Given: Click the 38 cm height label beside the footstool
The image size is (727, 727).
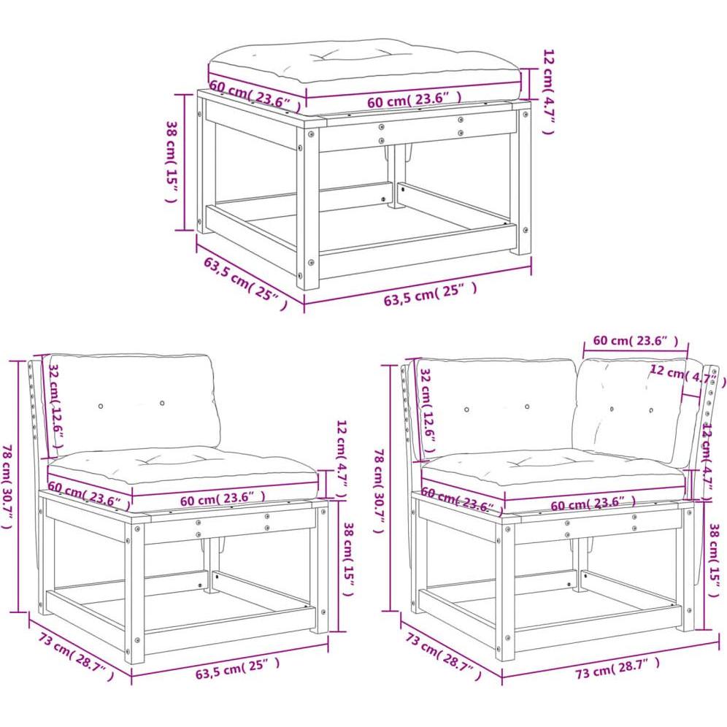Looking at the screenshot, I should [173, 162].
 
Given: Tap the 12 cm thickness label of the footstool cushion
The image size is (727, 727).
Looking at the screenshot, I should [550, 91].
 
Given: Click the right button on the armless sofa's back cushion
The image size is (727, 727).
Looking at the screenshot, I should [162, 402].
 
